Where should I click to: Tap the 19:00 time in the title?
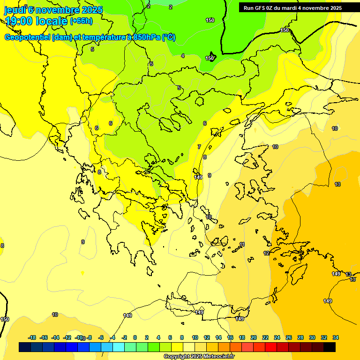click(20, 21)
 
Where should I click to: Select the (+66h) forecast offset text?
click(81, 21)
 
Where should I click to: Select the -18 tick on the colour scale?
click(32, 337)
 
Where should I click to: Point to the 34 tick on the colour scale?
click(335, 337)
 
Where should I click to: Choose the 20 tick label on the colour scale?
click(254, 337)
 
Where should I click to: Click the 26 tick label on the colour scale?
click(289, 337)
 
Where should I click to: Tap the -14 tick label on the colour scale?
click(55, 337)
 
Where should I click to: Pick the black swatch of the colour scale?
click(330, 347)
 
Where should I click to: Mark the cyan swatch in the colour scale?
click(119, 347)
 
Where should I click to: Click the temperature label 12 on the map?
click(266, 253)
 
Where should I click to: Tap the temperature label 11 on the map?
click(242, 244)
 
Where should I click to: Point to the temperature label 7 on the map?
click(199, 147)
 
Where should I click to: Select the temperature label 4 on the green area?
click(183, 56)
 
